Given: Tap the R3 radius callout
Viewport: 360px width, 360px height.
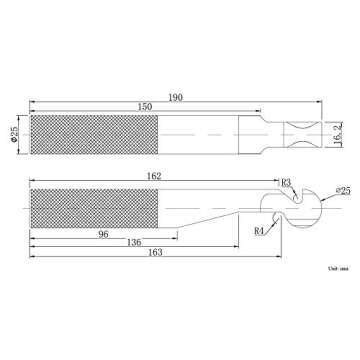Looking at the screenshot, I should click(x=285, y=182).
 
